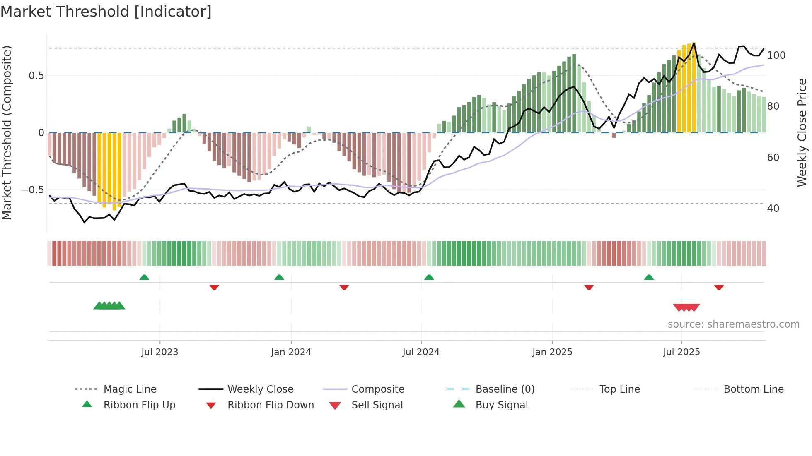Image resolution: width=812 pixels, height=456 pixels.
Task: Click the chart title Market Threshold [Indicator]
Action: click(106, 12)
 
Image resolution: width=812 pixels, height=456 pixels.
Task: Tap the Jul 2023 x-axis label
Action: click(159, 352)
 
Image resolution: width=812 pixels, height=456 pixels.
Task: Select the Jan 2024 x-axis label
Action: click(291, 352)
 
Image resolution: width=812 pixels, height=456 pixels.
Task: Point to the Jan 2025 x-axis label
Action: click(552, 352)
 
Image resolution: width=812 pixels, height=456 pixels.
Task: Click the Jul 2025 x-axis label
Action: click(681, 352)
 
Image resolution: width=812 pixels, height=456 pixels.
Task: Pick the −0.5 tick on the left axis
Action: click(32, 190)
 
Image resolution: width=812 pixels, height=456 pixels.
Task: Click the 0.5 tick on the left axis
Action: click(36, 76)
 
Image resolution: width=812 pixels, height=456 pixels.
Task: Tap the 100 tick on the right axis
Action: click(776, 55)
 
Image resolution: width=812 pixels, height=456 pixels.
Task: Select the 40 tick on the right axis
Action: click(773, 209)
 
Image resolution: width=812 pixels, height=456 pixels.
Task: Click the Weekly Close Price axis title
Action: click(802, 132)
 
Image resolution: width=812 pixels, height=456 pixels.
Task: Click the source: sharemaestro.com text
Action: click(733, 324)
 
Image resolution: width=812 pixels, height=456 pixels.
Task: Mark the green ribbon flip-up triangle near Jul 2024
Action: click(429, 277)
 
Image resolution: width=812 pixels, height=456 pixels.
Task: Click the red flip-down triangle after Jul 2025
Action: click(719, 287)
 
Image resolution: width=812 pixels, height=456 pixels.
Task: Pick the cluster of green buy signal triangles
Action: click(109, 306)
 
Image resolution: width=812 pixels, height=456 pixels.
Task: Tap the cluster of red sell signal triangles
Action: click(686, 307)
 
